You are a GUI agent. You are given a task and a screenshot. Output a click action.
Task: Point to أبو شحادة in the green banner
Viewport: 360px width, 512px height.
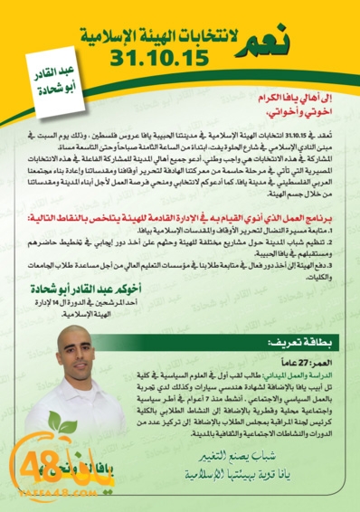(x=65, y=89)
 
